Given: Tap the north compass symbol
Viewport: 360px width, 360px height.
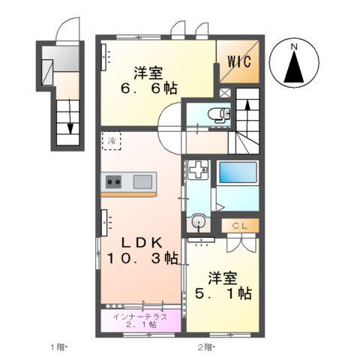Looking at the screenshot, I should point(295,64).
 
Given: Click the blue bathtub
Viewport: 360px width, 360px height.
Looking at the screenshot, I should point(238,173).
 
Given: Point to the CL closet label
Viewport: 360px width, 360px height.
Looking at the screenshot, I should point(240,224).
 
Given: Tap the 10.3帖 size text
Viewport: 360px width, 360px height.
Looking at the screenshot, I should point(142,259).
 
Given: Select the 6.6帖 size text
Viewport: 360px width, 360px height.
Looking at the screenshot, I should point(149,88).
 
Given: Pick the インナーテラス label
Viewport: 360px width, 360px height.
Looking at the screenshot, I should point(141,316).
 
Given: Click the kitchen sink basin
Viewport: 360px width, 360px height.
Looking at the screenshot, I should point(143,181).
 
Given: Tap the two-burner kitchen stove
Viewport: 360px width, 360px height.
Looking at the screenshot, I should point(114,181).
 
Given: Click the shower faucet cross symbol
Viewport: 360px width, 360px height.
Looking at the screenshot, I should point(198,170).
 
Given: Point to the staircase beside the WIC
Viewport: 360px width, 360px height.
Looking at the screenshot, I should point(247,120).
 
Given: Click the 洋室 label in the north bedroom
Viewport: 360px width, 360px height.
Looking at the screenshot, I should point(149,72).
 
